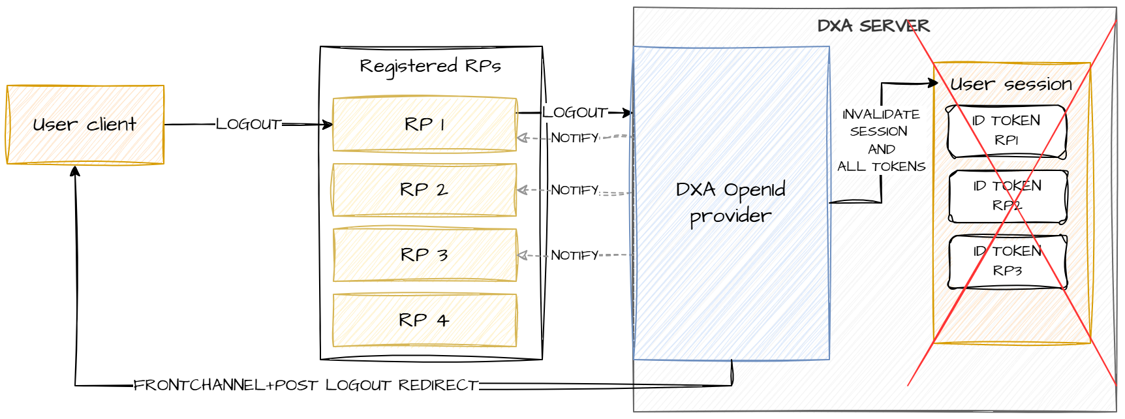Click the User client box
tap(85, 125)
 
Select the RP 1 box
tap(424, 125)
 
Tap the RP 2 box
tap(424, 190)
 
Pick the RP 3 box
tap(424, 255)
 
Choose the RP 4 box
tap(424, 320)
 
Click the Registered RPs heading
tap(430, 66)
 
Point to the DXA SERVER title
tap(873, 26)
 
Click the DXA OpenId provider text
tap(730, 203)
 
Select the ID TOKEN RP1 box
tap(1006, 131)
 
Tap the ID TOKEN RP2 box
tap(1008, 196)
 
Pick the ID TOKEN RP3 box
tap(1008, 261)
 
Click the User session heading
tap(1011, 84)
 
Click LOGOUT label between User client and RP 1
tap(248, 124)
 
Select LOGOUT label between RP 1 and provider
tap(574, 112)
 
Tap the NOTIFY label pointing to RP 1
tap(574, 138)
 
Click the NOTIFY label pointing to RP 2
tap(574, 190)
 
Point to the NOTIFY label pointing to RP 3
tap(574, 255)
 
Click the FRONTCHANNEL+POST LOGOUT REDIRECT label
tap(305, 385)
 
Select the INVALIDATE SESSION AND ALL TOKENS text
tap(881, 140)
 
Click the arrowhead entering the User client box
tap(75, 170)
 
